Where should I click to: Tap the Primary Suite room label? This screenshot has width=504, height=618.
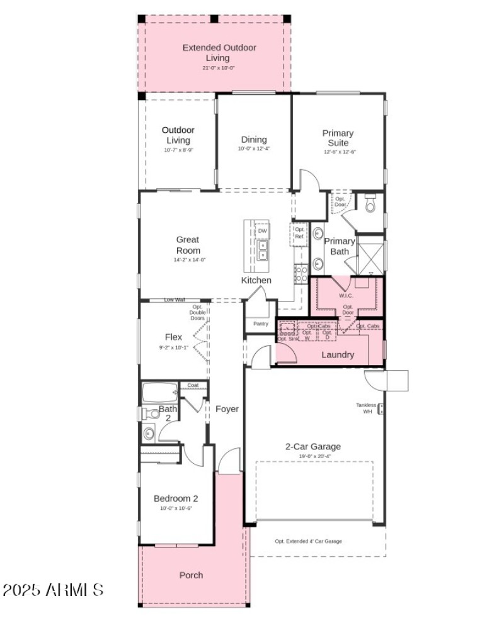(x=338, y=138)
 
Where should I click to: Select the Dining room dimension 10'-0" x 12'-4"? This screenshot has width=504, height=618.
(x=253, y=149)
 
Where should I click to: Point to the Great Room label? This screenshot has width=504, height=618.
(x=188, y=245)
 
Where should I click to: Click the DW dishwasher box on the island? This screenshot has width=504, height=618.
(x=262, y=231)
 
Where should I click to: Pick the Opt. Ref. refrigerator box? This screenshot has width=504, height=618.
(x=299, y=232)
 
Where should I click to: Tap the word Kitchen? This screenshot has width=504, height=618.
(x=256, y=280)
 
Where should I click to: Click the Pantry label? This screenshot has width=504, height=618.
(x=260, y=323)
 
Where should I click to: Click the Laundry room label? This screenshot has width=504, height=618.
(x=338, y=355)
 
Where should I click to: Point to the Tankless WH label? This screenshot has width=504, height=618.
(x=366, y=408)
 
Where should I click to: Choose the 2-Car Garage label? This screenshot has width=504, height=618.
(x=313, y=446)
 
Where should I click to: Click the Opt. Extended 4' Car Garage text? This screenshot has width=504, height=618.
(x=309, y=541)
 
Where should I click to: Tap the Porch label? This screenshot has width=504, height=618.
(x=191, y=575)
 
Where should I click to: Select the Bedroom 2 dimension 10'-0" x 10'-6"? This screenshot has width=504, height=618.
(x=176, y=508)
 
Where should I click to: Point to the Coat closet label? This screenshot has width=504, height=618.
(x=193, y=386)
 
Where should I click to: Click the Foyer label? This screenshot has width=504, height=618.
(x=227, y=409)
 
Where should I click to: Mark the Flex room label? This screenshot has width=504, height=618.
(x=173, y=337)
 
